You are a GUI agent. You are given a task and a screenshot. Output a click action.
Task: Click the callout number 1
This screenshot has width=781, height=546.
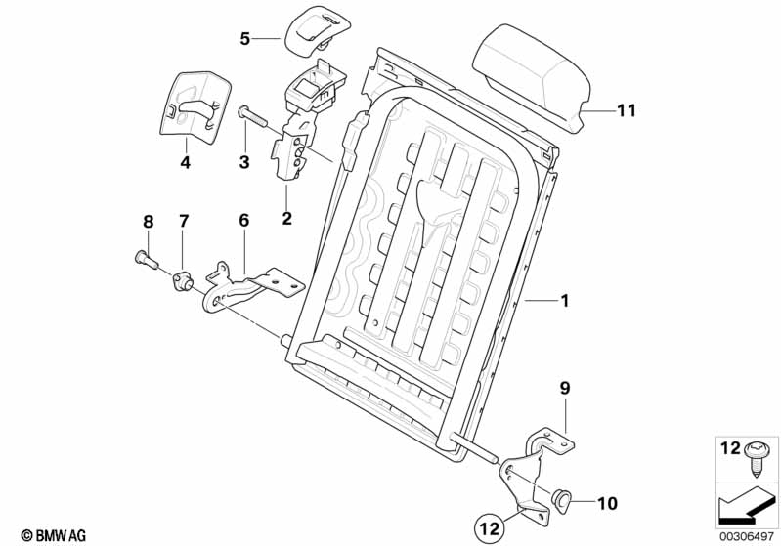pos(563,301)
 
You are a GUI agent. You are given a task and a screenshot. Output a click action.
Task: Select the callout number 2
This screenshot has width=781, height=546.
pos(286,218)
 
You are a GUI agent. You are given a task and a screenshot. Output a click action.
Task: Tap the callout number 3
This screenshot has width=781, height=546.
pos(245,160)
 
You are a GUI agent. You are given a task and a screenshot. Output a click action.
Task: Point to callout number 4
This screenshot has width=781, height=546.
pos(185,163)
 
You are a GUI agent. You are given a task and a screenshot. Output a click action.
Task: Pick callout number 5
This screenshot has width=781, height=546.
pos(245,39)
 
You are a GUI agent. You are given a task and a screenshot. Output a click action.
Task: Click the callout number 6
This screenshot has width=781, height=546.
pos(244,222)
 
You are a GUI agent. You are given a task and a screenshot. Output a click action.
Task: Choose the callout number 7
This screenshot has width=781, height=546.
pos(183,222)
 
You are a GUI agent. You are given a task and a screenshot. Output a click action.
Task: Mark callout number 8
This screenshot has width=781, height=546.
pos(149,222)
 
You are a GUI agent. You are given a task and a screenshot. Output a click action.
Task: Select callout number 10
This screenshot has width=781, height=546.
pos(607,504)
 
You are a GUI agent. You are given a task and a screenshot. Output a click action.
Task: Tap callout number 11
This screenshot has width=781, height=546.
pos(625,111)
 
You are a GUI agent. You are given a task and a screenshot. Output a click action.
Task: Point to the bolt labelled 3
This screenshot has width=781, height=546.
pos(251,116)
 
